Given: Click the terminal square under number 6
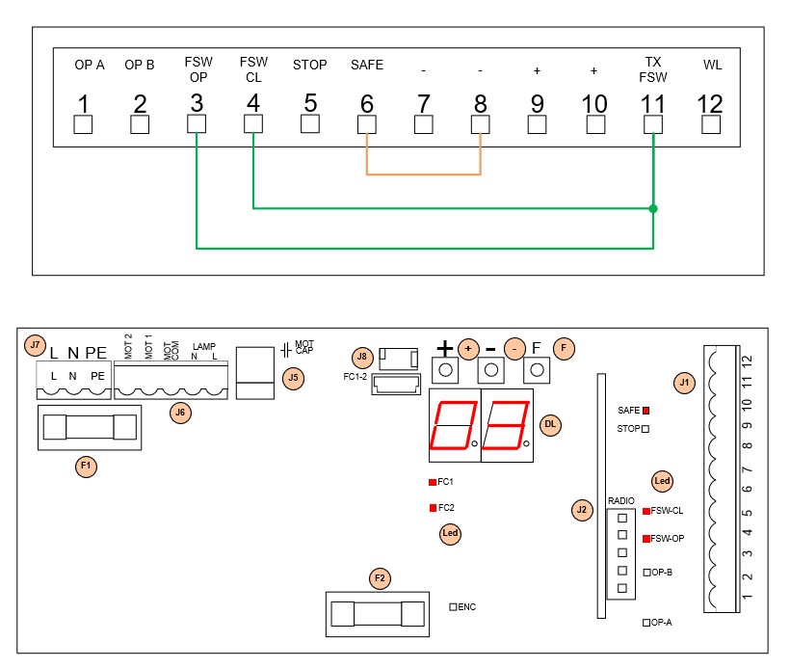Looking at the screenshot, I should point(366,124).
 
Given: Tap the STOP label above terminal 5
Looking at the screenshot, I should point(310,66).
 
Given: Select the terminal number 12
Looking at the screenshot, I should point(711,103).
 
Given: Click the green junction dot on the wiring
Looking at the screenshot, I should point(653,207).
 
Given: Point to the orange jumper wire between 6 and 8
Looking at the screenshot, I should point(423,174).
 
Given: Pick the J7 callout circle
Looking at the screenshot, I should point(36,344).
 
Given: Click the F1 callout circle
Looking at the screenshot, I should point(87,467).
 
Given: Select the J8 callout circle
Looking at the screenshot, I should point(362,356).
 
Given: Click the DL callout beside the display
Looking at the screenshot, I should point(550,423).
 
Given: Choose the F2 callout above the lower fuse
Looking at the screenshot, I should point(380,578).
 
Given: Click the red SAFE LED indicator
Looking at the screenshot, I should point(646,410).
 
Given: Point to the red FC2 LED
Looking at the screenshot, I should point(432,507).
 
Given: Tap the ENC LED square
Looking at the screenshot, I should point(454,607).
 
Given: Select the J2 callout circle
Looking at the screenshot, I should point(581,509).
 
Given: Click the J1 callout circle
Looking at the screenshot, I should point(685,384).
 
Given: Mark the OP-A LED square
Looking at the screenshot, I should point(646,623).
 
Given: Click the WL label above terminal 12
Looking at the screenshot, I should point(712,66).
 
